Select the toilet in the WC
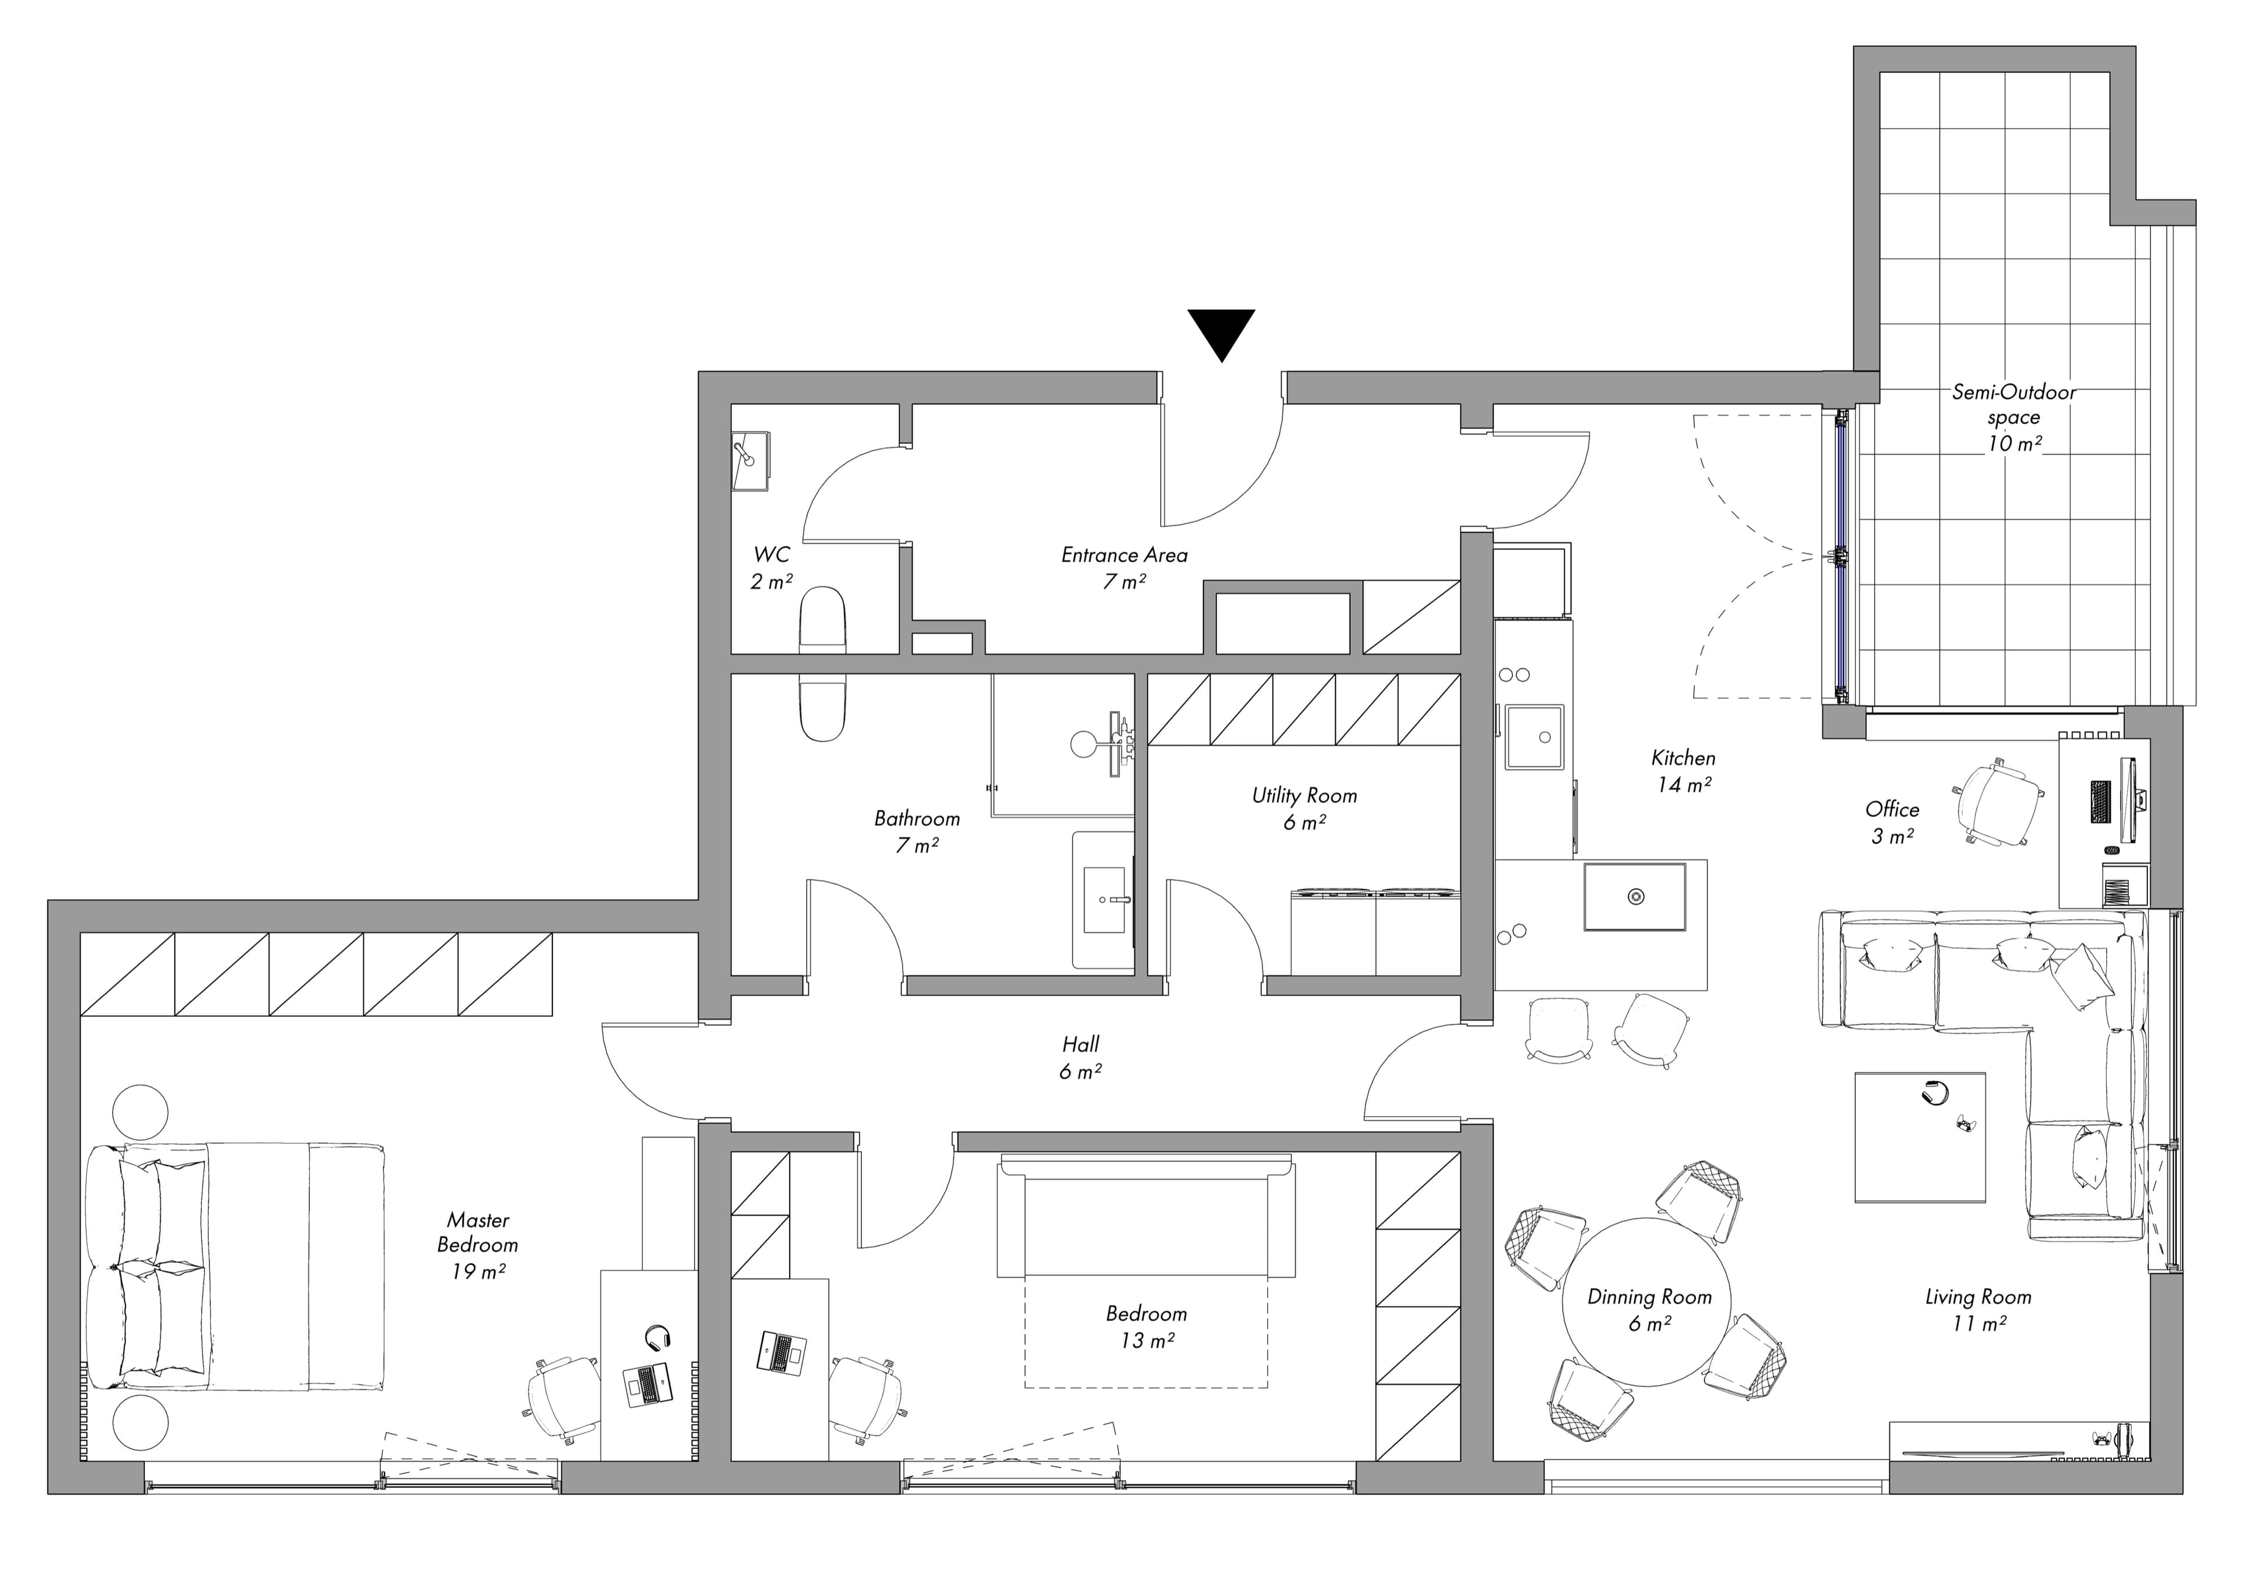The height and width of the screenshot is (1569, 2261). click(x=823, y=619)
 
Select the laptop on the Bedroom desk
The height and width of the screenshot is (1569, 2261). click(x=781, y=1352)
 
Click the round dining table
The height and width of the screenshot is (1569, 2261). click(x=1647, y=1302)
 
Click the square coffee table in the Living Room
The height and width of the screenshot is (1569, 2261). click(x=1920, y=1136)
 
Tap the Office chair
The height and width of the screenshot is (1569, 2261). click(x=1998, y=801)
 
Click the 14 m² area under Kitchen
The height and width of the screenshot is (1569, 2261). click(x=1684, y=784)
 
